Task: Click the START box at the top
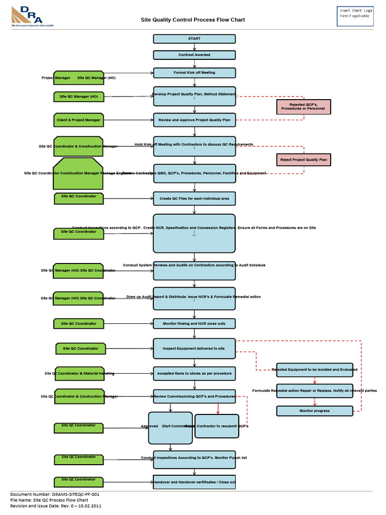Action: (x=194, y=39)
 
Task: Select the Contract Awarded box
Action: (x=194, y=55)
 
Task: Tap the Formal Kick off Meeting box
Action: (x=194, y=73)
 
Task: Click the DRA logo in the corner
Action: (x=32, y=17)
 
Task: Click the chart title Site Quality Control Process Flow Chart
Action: (x=192, y=20)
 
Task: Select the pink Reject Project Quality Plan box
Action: (x=304, y=160)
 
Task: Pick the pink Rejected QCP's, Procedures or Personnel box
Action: (x=303, y=107)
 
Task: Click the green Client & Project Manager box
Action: (x=79, y=120)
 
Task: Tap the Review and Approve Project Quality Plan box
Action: (x=194, y=120)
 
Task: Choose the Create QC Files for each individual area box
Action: (x=194, y=199)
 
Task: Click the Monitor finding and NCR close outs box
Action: (x=194, y=323)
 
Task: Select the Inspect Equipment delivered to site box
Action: (x=194, y=349)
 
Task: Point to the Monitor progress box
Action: (x=315, y=411)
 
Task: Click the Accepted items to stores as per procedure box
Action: (x=194, y=374)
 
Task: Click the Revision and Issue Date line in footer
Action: (x=56, y=506)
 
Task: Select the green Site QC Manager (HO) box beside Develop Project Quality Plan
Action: (x=79, y=97)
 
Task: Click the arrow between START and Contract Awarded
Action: (x=194, y=47)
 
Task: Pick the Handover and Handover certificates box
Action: (x=194, y=482)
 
